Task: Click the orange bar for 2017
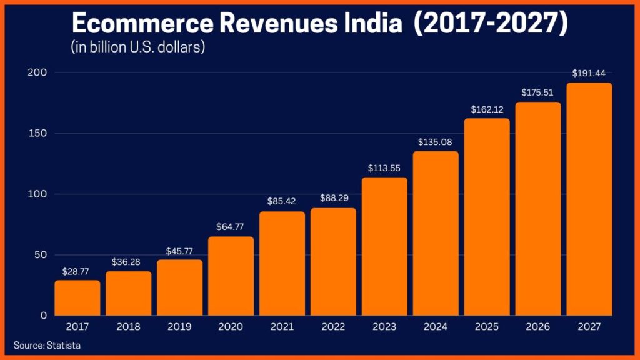[77, 298]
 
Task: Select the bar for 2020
[231, 276]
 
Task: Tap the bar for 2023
[384, 247]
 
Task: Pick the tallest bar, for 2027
[589, 200]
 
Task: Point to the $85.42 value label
[282, 202]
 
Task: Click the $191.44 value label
[589, 73]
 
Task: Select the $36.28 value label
[128, 261]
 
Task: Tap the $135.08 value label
[436, 141]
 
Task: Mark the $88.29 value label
[333, 198]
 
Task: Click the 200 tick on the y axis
[38, 72]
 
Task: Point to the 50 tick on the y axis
[41, 255]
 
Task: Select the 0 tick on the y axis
[44, 316]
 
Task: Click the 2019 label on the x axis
[179, 327]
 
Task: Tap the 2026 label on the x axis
[538, 327]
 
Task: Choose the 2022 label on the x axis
[333, 327]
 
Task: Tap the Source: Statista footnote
[47, 345]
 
